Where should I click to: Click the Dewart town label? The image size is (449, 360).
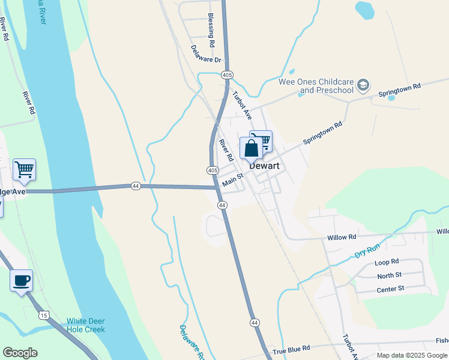[x=264, y=166]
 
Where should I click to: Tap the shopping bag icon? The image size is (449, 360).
[x=251, y=148]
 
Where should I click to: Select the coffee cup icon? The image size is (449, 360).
[x=22, y=280]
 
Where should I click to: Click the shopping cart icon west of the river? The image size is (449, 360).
[x=24, y=169]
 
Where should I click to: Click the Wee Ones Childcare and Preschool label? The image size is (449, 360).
[x=316, y=86]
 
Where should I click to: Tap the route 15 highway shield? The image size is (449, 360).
[x=44, y=314]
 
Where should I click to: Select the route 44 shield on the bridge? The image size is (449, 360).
[x=136, y=187]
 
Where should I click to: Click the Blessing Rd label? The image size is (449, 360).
[x=211, y=31]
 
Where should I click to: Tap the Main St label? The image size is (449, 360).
[x=232, y=179]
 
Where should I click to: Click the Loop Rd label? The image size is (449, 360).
[x=387, y=262]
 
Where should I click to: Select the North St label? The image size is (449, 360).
[x=389, y=275]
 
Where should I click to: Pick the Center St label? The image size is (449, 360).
[x=390, y=289]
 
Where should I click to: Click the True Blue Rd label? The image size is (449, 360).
[x=291, y=349]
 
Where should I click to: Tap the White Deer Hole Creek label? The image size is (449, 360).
[x=86, y=325]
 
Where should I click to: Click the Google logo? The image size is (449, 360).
[x=20, y=353]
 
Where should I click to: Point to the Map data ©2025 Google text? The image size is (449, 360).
[x=411, y=355]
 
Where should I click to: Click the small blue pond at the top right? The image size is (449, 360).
[x=364, y=10]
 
